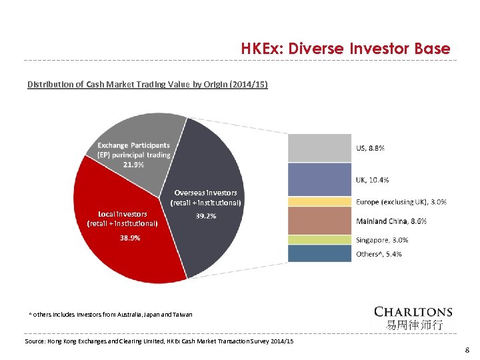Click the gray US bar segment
pyautogui.click(x=319, y=148)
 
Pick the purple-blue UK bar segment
pyautogui.click(x=319, y=179)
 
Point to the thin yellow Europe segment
pyautogui.click(x=319, y=201)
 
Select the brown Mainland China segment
pyautogui.click(x=319, y=221)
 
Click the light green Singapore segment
pyautogui.click(x=319, y=239)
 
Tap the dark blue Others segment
pyautogui.click(x=319, y=253)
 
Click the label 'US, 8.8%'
pyautogui.click(x=370, y=148)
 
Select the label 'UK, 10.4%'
pyautogui.click(x=373, y=180)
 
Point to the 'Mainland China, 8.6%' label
pyautogui.click(x=391, y=221)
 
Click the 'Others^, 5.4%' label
pyautogui.click(x=379, y=254)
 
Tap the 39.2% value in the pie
pyautogui.click(x=205, y=216)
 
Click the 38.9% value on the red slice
pyautogui.click(x=129, y=238)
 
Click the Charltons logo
pyautogui.click(x=413, y=317)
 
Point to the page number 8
pyautogui.click(x=467, y=349)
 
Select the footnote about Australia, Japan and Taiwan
pyautogui.click(x=111, y=314)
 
